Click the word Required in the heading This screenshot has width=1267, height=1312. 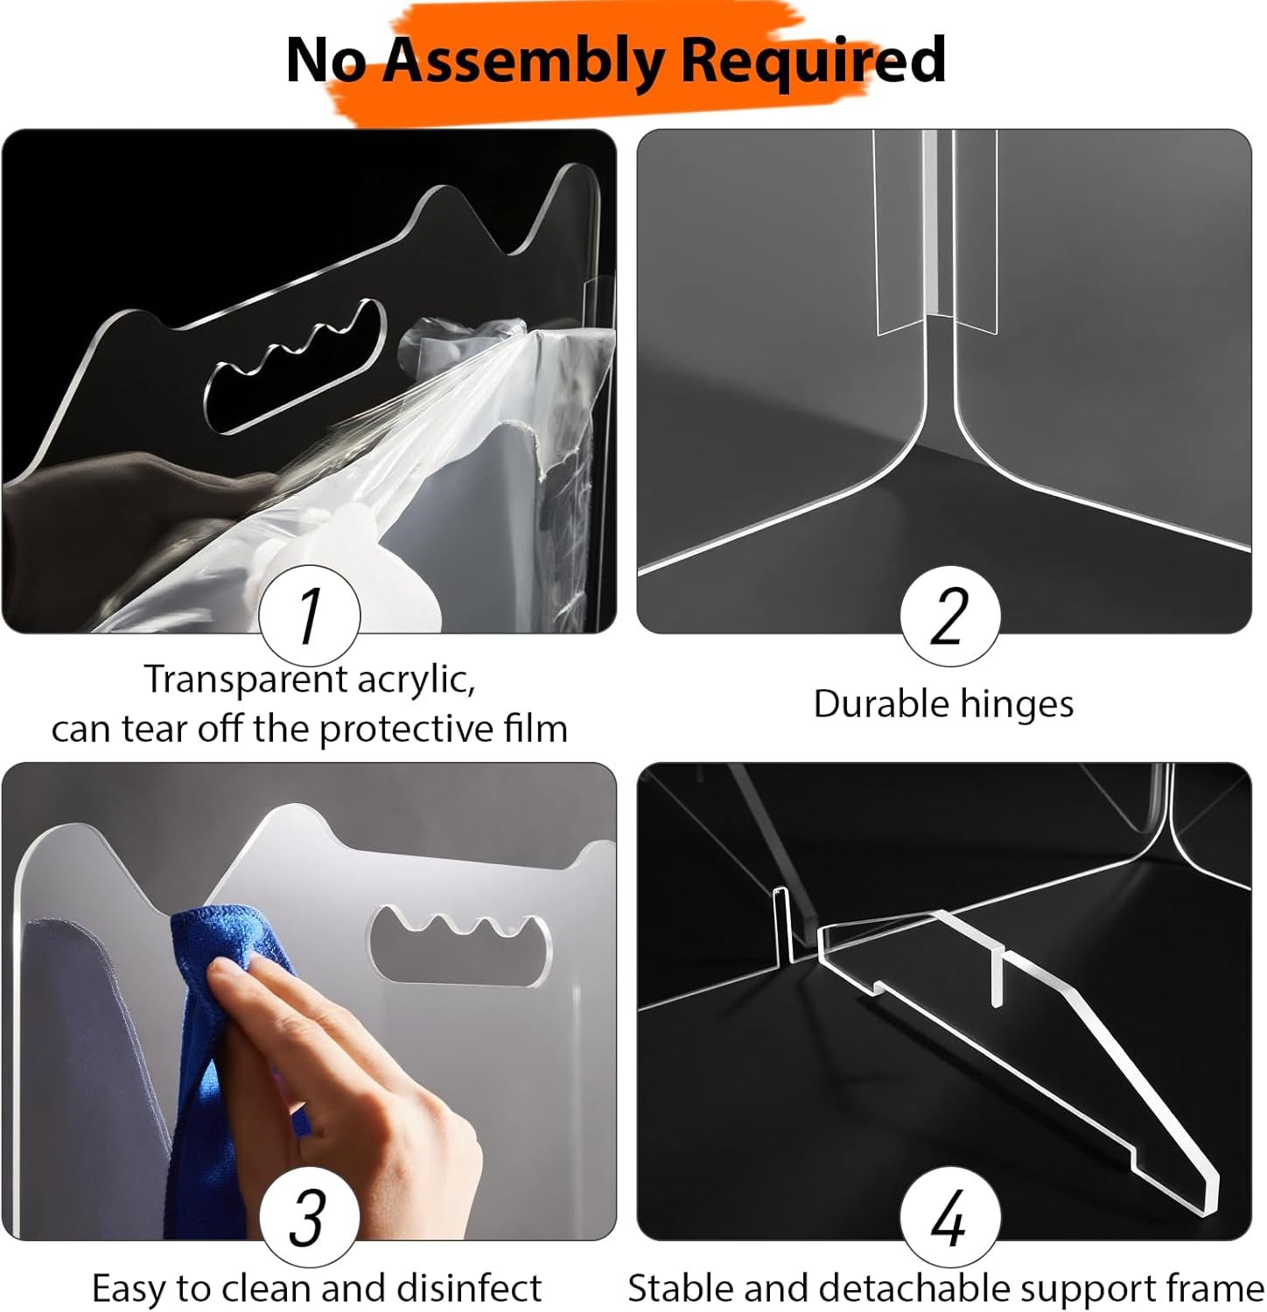pyautogui.click(x=813, y=59)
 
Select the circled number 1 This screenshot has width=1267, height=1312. pyautogui.click(x=310, y=615)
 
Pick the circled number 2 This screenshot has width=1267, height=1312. pyautogui.click(x=950, y=615)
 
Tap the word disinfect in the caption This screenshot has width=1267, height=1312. pyautogui.click(x=469, y=1289)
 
